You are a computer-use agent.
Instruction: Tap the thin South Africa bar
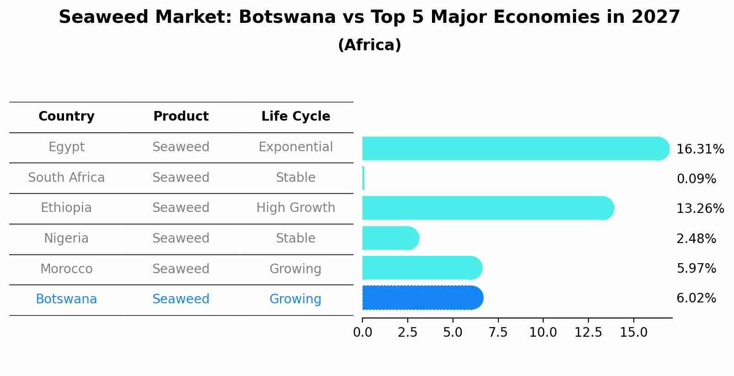pos(363,178)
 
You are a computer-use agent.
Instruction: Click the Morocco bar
pos(421,268)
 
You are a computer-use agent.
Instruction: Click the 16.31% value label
pos(700,149)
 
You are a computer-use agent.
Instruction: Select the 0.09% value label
pos(696,179)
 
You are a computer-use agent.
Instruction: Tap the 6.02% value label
pos(696,298)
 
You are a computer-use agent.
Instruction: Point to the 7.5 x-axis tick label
pos(498,333)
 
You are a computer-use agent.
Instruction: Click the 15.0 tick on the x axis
pos(634,333)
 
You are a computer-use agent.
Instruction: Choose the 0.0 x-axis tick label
pos(362,333)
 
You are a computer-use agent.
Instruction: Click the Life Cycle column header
pos(296,117)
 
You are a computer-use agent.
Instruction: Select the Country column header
pos(66,117)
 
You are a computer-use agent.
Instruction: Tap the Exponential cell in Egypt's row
pos(296,147)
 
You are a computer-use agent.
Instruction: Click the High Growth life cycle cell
pos(296,208)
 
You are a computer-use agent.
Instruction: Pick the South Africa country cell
pos(66,177)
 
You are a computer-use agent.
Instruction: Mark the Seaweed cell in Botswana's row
pos(181,299)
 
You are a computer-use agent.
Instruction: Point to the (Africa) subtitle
pos(369,45)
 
